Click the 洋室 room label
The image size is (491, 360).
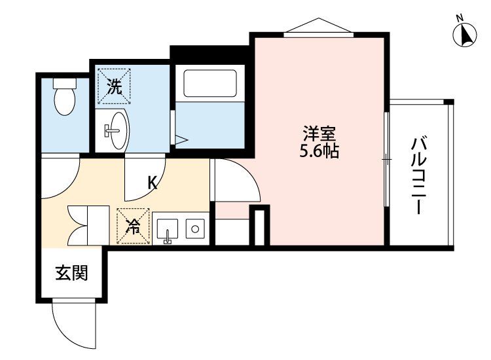(319, 135)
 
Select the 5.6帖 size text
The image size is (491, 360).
(319, 153)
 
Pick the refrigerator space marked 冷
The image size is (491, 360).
(133, 226)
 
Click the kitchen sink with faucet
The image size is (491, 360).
(168, 229)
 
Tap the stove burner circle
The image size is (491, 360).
(194, 228)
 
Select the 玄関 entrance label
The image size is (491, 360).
(71, 273)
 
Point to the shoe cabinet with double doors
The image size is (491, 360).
(88, 225)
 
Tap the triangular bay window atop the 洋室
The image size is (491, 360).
(318, 26)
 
